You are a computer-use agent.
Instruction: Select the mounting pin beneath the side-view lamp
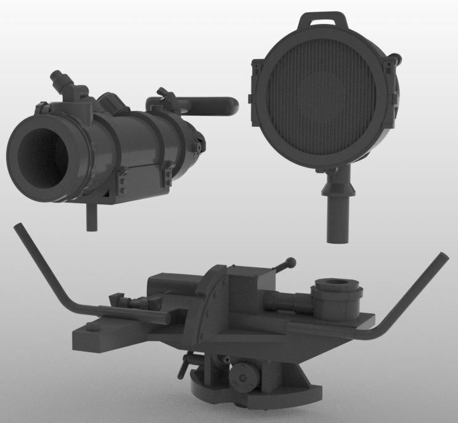92,218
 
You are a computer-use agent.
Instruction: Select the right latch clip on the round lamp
391,84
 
